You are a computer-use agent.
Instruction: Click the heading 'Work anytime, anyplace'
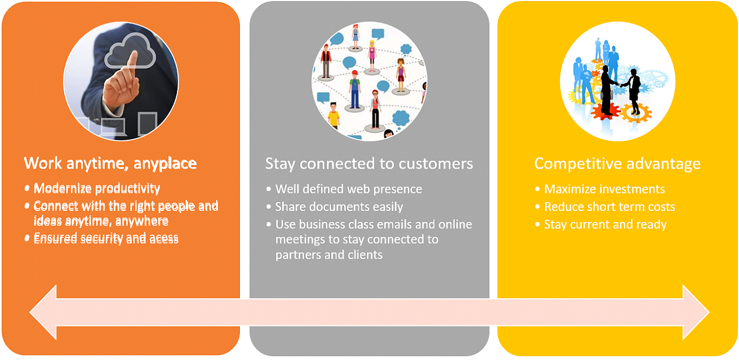coord(110,164)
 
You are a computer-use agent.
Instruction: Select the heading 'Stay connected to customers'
coord(369,164)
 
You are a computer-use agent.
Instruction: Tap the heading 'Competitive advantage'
coord(617,164)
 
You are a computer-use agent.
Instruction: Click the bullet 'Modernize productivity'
coord(96,188)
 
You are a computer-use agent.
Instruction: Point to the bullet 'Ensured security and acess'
coord(106,238)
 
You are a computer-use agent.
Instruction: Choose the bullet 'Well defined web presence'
coord(349,189)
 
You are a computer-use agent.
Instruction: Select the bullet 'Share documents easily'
coord(339,207)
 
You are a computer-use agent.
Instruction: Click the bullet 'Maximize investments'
coord(604,189)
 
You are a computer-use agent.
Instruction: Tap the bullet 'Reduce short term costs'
coord(610,207)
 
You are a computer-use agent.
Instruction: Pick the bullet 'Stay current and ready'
coord(605,225)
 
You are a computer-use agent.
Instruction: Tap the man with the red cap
coord(354,89)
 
